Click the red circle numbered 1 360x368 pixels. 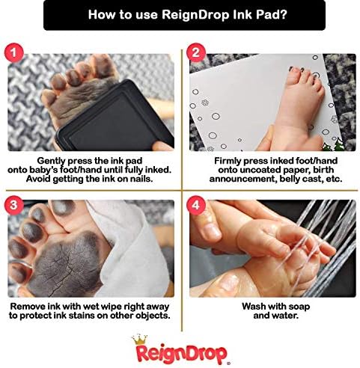pyautogui.click(x=13, y=53)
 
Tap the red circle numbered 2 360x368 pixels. pyautogui.click(x=196, y=52)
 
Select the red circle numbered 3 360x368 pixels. pyautogui.click(x=13, y=205)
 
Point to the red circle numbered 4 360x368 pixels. pyautogui.click(x=196, y=205)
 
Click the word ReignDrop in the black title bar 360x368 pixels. pyautogui.click(x=195, y=15)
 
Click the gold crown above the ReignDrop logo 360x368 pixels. pyautogui.click(x=140, y=340)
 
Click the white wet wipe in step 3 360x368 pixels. pyautogui.click(x=129, y=249)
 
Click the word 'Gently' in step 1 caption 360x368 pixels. pyautogui.click(x=51, y=161)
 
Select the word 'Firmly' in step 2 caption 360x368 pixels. pyautogui.click(x=228, y=161)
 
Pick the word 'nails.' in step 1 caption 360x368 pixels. pyautogui.click(x=141, y=179)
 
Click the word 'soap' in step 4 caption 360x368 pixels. pyautogui.click(x=299, y=307)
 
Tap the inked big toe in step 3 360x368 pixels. pyautogui.click(x=64, y=207)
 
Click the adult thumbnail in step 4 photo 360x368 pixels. pyautogui.click(x=212, y=233)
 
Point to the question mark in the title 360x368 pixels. pyautogui.click(x=283, y=14)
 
